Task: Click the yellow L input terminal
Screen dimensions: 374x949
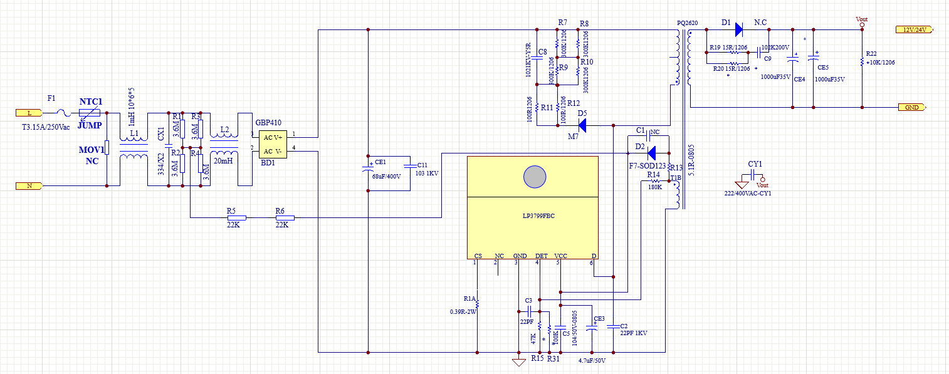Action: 29,113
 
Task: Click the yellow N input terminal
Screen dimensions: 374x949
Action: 29,186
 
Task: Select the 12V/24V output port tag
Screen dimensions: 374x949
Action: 914,29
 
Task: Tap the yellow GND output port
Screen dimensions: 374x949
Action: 912,107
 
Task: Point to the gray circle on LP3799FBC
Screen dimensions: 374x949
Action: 535,177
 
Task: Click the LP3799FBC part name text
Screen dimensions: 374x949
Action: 535,216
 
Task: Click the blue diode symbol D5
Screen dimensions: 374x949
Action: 582,126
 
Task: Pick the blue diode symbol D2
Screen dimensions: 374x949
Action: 651,153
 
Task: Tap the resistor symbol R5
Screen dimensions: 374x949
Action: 236,218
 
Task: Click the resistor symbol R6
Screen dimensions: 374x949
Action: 285,218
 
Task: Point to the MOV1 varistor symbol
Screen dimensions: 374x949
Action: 107,148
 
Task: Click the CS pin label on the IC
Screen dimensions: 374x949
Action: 478,256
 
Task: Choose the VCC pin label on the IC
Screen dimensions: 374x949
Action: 560,256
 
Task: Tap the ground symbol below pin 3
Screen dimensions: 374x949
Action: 518,362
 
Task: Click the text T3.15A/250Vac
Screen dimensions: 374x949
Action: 46,127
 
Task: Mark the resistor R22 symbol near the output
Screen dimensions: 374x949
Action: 862,62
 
